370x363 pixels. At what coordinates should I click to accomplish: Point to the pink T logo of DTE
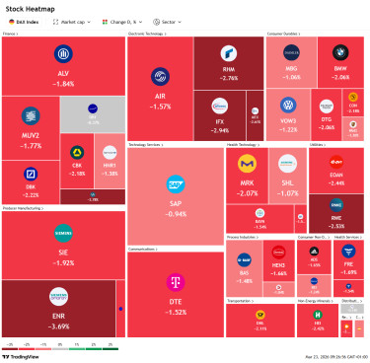176,281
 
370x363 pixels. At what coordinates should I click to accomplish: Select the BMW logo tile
340,52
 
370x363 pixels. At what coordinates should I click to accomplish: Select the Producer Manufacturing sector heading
24,208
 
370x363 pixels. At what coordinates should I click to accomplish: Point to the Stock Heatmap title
30,6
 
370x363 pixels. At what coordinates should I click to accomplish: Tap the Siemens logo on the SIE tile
63,234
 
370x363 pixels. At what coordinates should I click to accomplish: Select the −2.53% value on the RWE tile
336,226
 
